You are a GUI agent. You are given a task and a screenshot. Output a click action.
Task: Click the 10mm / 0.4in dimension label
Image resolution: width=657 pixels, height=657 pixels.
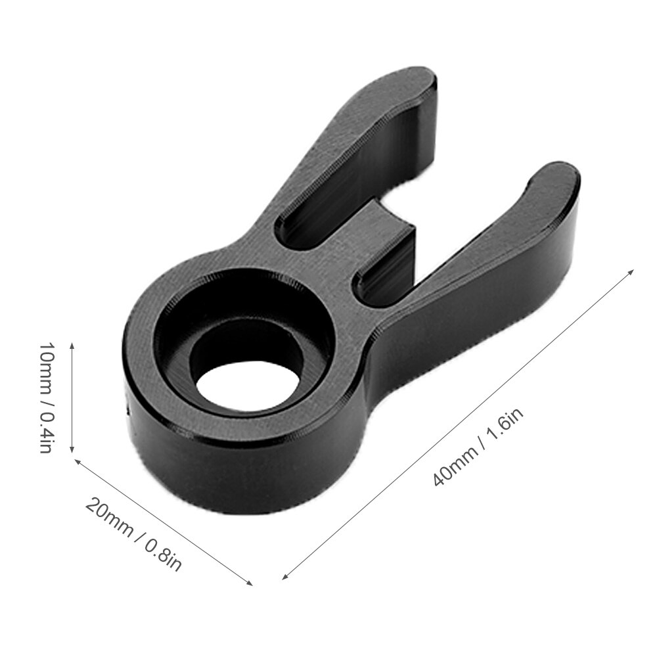point(45,397)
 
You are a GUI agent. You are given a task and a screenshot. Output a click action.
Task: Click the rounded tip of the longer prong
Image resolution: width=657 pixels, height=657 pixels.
point(420,79)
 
